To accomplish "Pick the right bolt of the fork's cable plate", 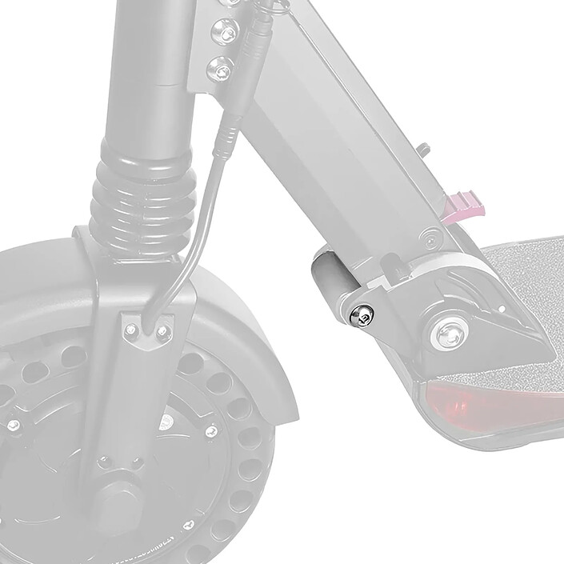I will [x=164, y=330].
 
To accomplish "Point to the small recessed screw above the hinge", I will [x=431, y=238].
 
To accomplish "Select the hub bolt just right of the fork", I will [x=211, y=431].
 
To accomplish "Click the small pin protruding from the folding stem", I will [x=423, y=149].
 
